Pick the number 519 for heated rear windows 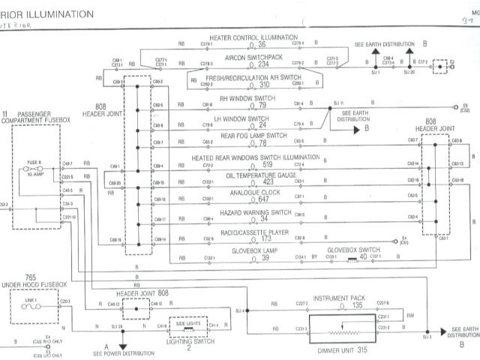click(x=267, y=164)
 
